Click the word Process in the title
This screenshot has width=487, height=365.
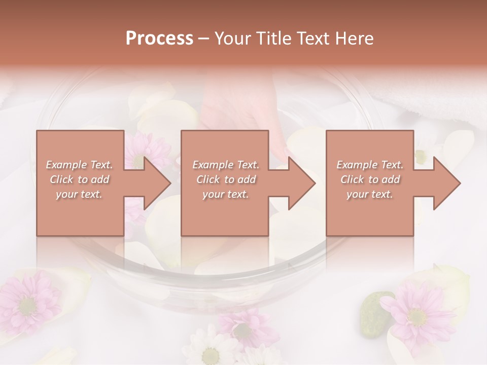(x=159, y=39)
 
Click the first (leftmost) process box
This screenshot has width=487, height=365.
(x=80, y=213)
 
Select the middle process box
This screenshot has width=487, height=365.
(x=225, y=213)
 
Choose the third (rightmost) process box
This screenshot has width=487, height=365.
(x=369, y=213)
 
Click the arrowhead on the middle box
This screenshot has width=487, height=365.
(x=301, y=183)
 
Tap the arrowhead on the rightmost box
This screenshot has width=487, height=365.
(x=446, y=183)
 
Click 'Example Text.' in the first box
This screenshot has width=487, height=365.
(x=80, y=165)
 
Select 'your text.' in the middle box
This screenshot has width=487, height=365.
(x=225, y=194)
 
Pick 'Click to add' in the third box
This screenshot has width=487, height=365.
(x=370, y=179)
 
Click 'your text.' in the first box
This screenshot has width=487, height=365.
(x=79, y=194)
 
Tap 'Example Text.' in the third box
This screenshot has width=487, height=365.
(x=370, y=165)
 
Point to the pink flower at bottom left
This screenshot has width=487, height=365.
(x=28, y=302)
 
